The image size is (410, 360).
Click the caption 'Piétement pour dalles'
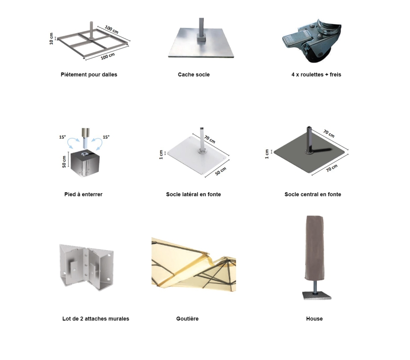point(89,75)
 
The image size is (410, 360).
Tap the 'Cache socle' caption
point(194,75)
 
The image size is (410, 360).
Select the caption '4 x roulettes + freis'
point(316,75)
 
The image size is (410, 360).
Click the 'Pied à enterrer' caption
point(84,194)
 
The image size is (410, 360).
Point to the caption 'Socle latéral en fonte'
point(193,194)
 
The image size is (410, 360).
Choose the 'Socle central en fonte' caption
point(313,194)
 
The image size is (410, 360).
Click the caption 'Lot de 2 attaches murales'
point(96,319)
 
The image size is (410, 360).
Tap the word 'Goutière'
point(187,319)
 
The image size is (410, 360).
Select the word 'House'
point(314,319)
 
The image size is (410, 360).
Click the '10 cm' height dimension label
point(51,39)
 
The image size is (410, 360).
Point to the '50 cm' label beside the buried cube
point(64,162)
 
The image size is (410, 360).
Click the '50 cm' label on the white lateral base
point(221,171)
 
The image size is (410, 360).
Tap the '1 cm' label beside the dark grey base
point(267,154)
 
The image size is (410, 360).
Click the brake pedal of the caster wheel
point(297,39)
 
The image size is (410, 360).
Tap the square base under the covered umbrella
point(317,296)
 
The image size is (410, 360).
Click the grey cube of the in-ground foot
point(85,164)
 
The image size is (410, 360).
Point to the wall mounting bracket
point(87,267)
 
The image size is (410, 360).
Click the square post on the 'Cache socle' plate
point(201,29)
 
